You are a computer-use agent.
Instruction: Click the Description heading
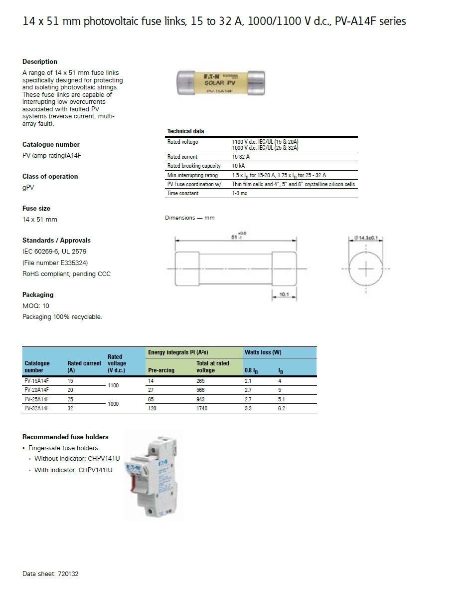(40, 62)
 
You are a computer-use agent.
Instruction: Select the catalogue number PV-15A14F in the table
(37, 381)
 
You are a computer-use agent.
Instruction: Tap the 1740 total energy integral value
(202, 408)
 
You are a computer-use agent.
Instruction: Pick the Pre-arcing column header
(161, 370)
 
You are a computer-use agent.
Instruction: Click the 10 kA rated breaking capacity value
(239, 166)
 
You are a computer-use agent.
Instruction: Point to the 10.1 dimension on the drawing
(284, 295)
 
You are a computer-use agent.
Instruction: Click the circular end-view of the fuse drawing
(366, 269)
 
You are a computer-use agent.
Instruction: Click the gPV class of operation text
(28, 188)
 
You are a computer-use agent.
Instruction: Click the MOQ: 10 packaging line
(36, 305)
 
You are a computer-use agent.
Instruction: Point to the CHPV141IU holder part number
(95, 470)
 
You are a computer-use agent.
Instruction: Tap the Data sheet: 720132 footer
(50, 574)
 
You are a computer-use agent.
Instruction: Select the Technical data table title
(185, 131)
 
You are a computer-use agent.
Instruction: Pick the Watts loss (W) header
(263, 352)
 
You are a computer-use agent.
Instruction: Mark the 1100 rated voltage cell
(114, 386)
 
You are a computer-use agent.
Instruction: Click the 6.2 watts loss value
(282, 408)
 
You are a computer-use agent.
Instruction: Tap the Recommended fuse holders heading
(65, 437)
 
